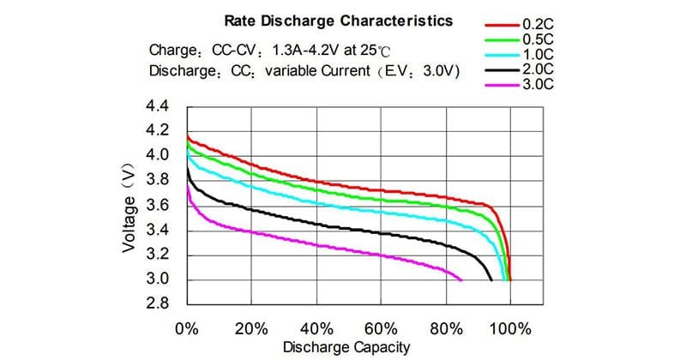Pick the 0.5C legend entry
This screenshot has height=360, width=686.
(x=539, y=39)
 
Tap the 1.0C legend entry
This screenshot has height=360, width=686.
(x=539, y=54)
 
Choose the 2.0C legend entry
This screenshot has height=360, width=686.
(x=539, y=69)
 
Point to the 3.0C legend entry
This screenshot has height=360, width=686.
(x=539, y=84)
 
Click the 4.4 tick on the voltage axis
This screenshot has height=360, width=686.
(x=159, y=106)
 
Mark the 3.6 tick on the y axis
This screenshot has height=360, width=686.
(x=159, y=206)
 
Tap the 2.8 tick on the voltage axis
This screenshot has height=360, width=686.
(x=159, y=304)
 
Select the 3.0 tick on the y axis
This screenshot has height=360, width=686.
(x=159, y=279)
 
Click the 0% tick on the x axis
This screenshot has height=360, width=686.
(x=186, y=328)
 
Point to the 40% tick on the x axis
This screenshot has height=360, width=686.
(x=318, y=328)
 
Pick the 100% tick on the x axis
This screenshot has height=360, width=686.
(x=513, y=328)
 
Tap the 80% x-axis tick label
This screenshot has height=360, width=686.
(x=448, y=328)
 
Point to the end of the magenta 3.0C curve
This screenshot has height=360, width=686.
(x=462, y=279)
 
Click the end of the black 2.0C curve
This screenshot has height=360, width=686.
(x=491, y=279)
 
